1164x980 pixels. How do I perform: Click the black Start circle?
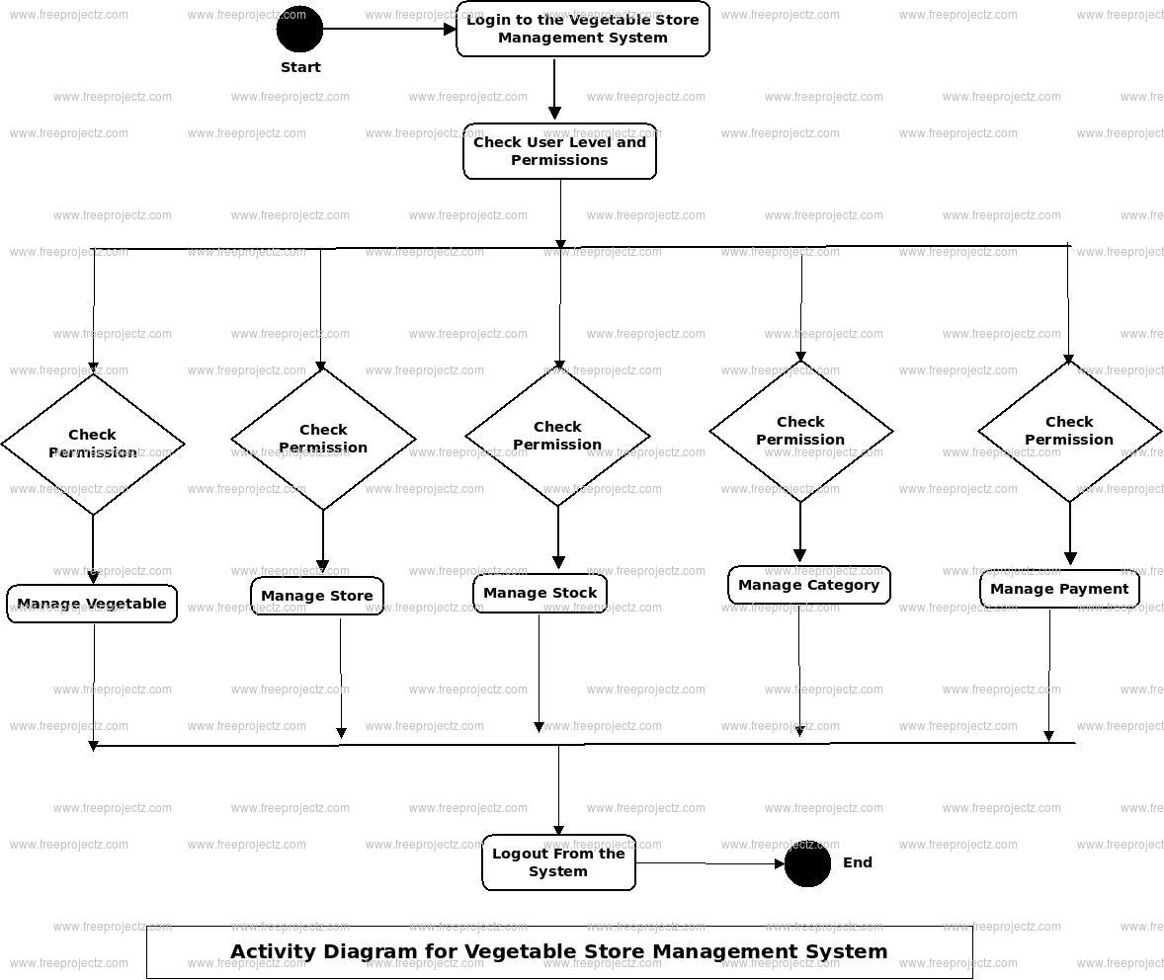click(299, 29)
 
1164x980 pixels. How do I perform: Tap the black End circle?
click(807, 864)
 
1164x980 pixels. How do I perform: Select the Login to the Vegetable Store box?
click(583, 29)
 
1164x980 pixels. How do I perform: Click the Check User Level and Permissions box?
click(559, 151)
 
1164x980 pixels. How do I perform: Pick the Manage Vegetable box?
click(92, 604)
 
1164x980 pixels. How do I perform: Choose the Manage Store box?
click(317, 596)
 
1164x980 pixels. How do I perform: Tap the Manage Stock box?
click(540, 594)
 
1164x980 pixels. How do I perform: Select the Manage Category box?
click(808, 585)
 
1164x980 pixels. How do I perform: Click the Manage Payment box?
click(1059, 589)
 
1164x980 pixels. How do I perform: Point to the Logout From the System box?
click(558, 862)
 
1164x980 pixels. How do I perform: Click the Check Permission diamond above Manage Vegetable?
click(93, 444)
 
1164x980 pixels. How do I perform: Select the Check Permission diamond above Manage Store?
click(323, 439)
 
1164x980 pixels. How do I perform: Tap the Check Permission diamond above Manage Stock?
click(557, 436)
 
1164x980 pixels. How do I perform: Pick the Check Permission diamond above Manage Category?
click(800, 431)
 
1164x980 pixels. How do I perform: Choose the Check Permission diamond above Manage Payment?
click(1069, 431)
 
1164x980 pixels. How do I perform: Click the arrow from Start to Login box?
click(389, 29)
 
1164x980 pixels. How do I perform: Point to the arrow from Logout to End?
click(709, 863)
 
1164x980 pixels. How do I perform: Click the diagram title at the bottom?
click(559, 952)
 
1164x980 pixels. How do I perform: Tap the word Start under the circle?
click(300, 67)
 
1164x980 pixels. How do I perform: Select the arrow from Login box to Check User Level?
click(554, 89)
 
